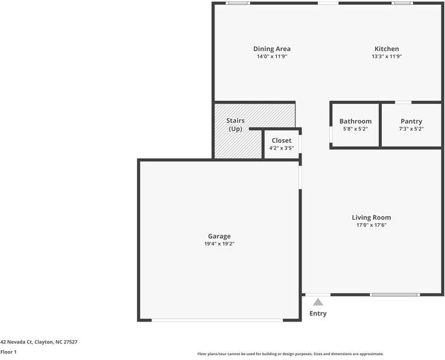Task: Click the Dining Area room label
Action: click(272, 49)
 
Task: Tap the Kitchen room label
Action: click(386, 49)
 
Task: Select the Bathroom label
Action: click(355, 121)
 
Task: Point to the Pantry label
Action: click(411, 121)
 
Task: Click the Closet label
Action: click(281, 140)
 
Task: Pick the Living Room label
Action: click(371, 217)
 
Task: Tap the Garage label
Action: click(219, 236)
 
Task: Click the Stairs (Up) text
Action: click(235, 125)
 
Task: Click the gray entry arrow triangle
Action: click(318, 302)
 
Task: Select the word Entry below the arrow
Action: click(318, 313)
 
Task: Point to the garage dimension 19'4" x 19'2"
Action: click(219, 244)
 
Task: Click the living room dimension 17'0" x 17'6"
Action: click(371, 225)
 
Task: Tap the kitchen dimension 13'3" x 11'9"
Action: click(386, 56)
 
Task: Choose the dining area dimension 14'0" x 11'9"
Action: click(272, 56)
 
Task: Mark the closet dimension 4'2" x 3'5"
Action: click(281, 148)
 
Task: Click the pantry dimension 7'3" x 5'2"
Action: click(411, 128)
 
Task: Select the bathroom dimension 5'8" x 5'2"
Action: click(355, 128)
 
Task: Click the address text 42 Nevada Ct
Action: click(38, 342)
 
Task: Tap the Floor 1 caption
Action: click(8, 352)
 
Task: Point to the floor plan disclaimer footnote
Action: click(290, 354)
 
